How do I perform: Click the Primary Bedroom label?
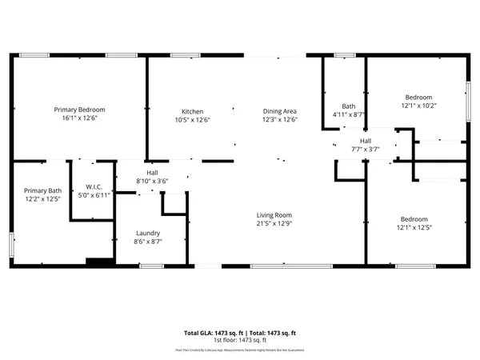click(79, 110)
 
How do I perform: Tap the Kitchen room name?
click(192, 111)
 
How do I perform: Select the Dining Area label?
click(280, 111)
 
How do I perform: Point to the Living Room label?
click(274, 215)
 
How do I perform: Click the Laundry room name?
click(149, 233)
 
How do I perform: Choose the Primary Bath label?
click(42, 190)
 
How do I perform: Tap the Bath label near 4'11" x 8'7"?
click(349, 106)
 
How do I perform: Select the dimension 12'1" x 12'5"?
click(414, 228)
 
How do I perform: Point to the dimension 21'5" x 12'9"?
click(274, 224)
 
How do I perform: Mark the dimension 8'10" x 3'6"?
click(151, 181)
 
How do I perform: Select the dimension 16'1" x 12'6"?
click(79, 118)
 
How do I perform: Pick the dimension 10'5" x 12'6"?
click(192, 120)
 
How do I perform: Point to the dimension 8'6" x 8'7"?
click(149, 242)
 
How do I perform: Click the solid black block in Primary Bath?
click(98, 261)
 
